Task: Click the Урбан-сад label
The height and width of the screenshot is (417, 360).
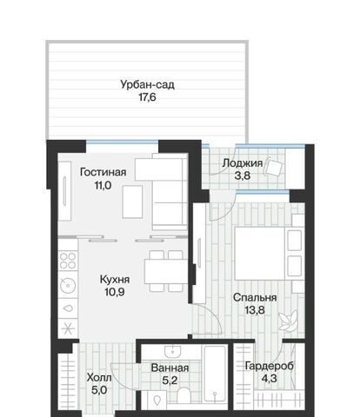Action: click(148, 85)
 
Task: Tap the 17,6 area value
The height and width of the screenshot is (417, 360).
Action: click(147, 97)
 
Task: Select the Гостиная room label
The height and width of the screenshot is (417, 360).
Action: click(103, 172)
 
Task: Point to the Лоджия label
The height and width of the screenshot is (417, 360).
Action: click(243, 163)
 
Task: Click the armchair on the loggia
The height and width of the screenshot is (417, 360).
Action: click(273, 168)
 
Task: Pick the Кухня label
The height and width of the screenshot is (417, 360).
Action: click(115, 280)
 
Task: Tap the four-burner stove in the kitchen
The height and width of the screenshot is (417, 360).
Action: click(68, 261)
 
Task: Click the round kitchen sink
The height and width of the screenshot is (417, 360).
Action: click(68, 286)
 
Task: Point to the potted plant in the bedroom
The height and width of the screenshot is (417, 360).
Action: click(288, 321)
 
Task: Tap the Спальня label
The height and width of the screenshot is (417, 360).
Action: click(255, 298)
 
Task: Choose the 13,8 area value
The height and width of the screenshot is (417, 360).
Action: click(255, 310)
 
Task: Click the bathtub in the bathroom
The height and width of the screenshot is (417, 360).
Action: click(215, 374)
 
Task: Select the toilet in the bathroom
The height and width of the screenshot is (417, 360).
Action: click(183, 395)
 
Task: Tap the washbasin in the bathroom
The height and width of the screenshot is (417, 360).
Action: click(173, 352)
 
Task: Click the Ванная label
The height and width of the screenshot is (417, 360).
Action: click(170, 368)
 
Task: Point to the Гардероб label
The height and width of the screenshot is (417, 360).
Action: click(270, 366)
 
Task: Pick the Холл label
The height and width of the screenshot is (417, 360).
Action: click(99, 378)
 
